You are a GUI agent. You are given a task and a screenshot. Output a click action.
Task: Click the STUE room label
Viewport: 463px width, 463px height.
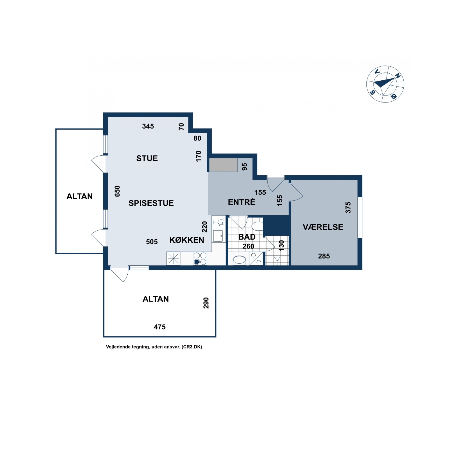147,158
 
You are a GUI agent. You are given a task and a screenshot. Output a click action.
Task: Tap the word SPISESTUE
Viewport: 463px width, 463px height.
151,203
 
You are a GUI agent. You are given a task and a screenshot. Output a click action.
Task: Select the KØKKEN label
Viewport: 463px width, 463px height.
187,240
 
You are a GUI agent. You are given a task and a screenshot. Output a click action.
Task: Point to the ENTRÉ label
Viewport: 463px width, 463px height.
242,202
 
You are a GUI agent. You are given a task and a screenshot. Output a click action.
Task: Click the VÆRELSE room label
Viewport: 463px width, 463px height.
323,227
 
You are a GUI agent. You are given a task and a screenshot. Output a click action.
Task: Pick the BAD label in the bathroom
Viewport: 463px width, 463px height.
247,237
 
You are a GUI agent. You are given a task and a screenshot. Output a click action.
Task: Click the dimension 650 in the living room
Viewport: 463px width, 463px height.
117,191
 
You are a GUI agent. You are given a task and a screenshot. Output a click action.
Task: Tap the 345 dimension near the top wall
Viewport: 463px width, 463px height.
148,126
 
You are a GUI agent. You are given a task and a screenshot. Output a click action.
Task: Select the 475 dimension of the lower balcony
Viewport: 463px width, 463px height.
160,327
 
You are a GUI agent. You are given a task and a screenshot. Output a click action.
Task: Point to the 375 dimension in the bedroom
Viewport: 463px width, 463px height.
348,208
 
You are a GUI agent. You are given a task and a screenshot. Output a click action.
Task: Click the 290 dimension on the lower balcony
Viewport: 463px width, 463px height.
206,303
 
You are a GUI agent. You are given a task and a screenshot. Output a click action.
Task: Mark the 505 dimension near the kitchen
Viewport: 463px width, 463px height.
152,242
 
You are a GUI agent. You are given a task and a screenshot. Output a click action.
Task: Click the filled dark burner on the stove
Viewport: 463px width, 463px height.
197,262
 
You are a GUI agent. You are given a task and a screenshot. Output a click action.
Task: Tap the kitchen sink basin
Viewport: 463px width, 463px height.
218,236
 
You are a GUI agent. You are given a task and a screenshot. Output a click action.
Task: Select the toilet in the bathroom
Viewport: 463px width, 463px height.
257,226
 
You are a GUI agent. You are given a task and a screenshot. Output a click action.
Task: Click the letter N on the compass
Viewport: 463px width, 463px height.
397,76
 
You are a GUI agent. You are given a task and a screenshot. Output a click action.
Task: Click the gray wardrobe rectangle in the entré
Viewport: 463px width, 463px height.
223,165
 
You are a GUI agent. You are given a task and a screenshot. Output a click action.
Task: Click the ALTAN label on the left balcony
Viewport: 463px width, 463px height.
79,197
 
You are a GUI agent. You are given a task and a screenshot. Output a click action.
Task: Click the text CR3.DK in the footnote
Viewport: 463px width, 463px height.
192,347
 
